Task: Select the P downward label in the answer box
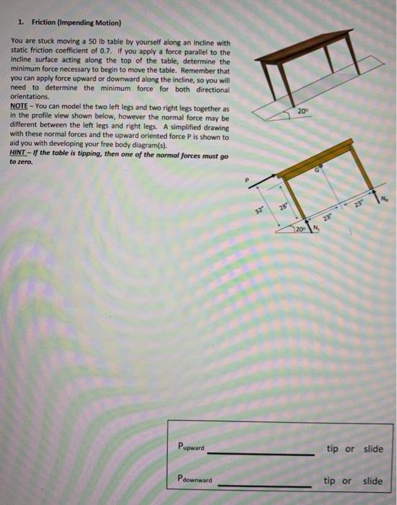click(x=195, y=479)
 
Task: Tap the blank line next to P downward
click(x=265, y=485)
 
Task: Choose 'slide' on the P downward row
click(x=373, y=480)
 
